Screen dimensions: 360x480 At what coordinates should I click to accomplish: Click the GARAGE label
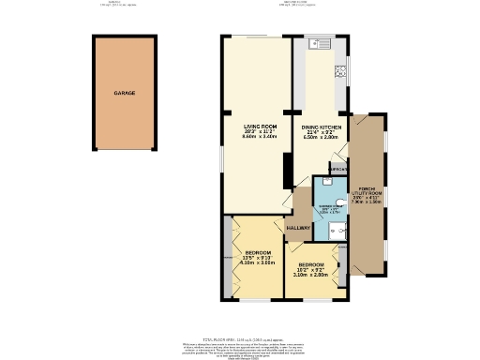[x=125, y=95]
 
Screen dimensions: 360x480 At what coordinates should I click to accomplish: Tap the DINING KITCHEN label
[x=320, y=125]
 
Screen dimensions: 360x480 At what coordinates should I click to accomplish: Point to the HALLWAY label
[x=298, y=227]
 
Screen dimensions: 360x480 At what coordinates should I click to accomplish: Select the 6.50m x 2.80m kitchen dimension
[x=320, y=136]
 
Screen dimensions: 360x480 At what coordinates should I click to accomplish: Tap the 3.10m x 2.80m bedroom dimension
[x=310, y=275]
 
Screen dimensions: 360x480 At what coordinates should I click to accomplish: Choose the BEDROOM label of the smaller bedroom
[x=310, y=263]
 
